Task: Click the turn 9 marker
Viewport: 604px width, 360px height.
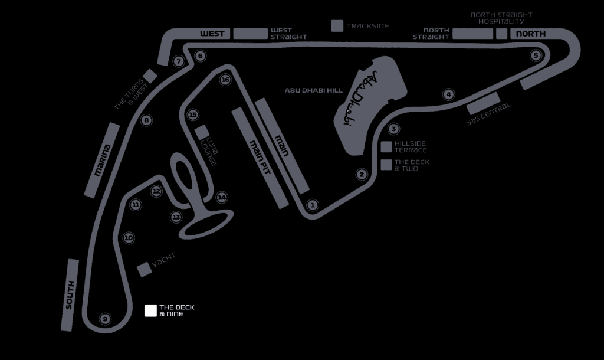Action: [105, 319]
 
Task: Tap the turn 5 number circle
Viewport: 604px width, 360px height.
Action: [536, 55]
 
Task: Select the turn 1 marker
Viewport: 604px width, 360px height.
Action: [313, 205]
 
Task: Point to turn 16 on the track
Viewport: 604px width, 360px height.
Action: [225, 80]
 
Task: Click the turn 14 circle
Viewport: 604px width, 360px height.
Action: [222, 197]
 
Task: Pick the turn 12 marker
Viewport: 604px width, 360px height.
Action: [156, 191]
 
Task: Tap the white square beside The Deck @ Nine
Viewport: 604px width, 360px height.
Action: [150, 310]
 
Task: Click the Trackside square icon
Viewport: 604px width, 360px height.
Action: [337, 26]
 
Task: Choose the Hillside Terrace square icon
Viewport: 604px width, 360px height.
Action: [386, 146]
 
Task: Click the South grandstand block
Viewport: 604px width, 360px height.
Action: [70, 295]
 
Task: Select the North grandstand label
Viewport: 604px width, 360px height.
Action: [531, 34]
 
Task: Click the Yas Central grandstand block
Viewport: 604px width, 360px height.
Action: [483, 103]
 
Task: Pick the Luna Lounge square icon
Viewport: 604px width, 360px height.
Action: [202, 131]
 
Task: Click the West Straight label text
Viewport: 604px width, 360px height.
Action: [288, 34]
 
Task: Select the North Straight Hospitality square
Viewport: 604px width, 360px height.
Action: [501, 34]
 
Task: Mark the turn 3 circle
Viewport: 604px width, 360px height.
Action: [393, 129]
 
